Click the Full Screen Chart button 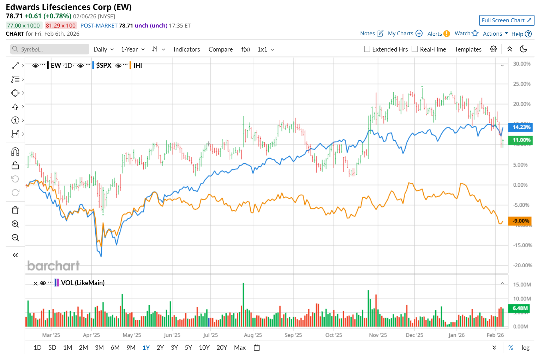506,20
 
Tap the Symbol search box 49,49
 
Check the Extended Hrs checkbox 367,49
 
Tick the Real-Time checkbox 415,49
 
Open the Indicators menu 187,49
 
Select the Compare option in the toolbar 221,49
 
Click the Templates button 468,49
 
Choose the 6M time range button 115,348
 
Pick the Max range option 240,348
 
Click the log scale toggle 525,348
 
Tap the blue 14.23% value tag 520,127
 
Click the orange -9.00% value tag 520,221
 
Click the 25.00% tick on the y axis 522,84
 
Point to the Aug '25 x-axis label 253,335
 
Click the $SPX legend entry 104,65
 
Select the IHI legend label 138,65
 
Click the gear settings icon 493,49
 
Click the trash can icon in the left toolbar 15,210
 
